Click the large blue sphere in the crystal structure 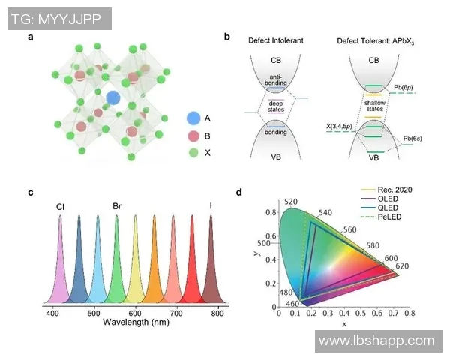pos(112,97)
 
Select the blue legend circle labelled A pos(193,118)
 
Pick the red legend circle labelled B pos(193,135)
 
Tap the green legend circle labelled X pos(193,152)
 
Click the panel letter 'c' pos(31,192)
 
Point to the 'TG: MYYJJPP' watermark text pos(56,18)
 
